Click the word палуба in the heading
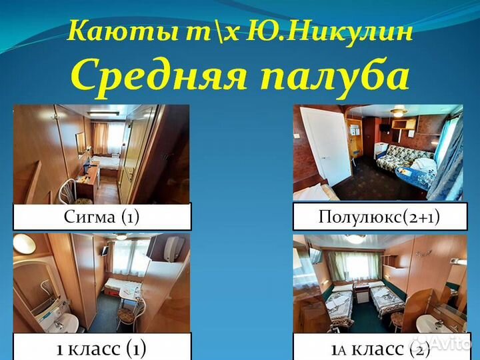coord(333,77)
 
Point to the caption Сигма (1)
coord(101,217)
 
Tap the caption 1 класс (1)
coord(101,347)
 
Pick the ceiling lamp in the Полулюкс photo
coord(398,113)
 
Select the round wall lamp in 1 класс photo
coord(23,243)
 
